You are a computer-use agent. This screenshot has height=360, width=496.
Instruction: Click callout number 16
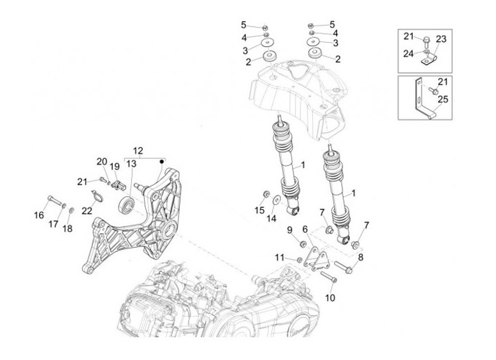click(x=39, y=215)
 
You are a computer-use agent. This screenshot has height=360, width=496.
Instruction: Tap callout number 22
click(x=87, y=211)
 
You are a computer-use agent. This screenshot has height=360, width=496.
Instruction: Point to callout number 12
click(x=138, y=150)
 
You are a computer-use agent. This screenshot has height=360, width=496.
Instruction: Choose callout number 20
click(x=101, y=161)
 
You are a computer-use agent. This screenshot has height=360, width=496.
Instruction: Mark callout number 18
click(x=68, y=228)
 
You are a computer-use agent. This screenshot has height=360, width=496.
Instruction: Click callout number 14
click(x=271, y=218)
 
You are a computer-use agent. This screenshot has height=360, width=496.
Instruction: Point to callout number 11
click(x=278, y=257)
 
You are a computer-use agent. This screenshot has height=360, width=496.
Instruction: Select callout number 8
click(x=360, y=256)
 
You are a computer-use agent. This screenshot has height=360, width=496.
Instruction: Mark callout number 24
click(x=409, y=53)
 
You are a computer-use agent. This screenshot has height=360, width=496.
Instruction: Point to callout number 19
click(x=114, y=167)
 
